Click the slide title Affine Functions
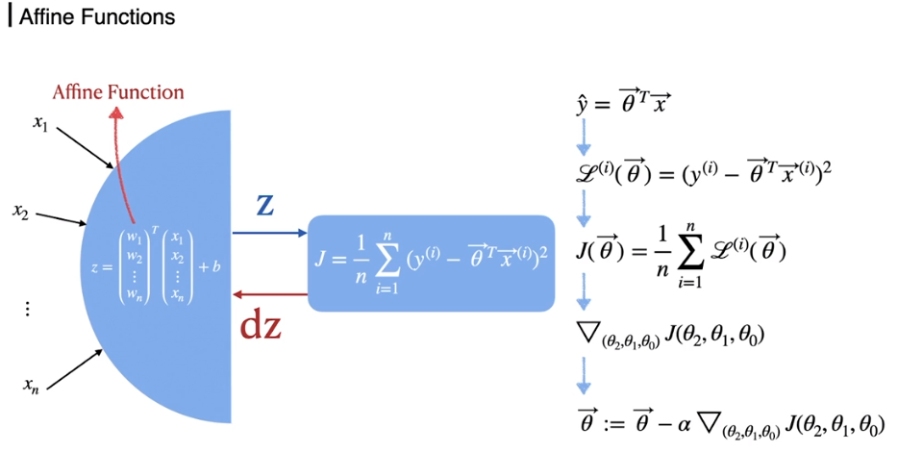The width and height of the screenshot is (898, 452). (96, 17)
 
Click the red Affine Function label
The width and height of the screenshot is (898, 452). (118, 93)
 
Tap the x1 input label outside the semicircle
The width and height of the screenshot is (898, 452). (39, 126)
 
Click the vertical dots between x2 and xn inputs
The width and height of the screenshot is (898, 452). (27, 309)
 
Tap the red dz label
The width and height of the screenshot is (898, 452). (261, 326)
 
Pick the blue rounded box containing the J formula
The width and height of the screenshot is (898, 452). (432, 263)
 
